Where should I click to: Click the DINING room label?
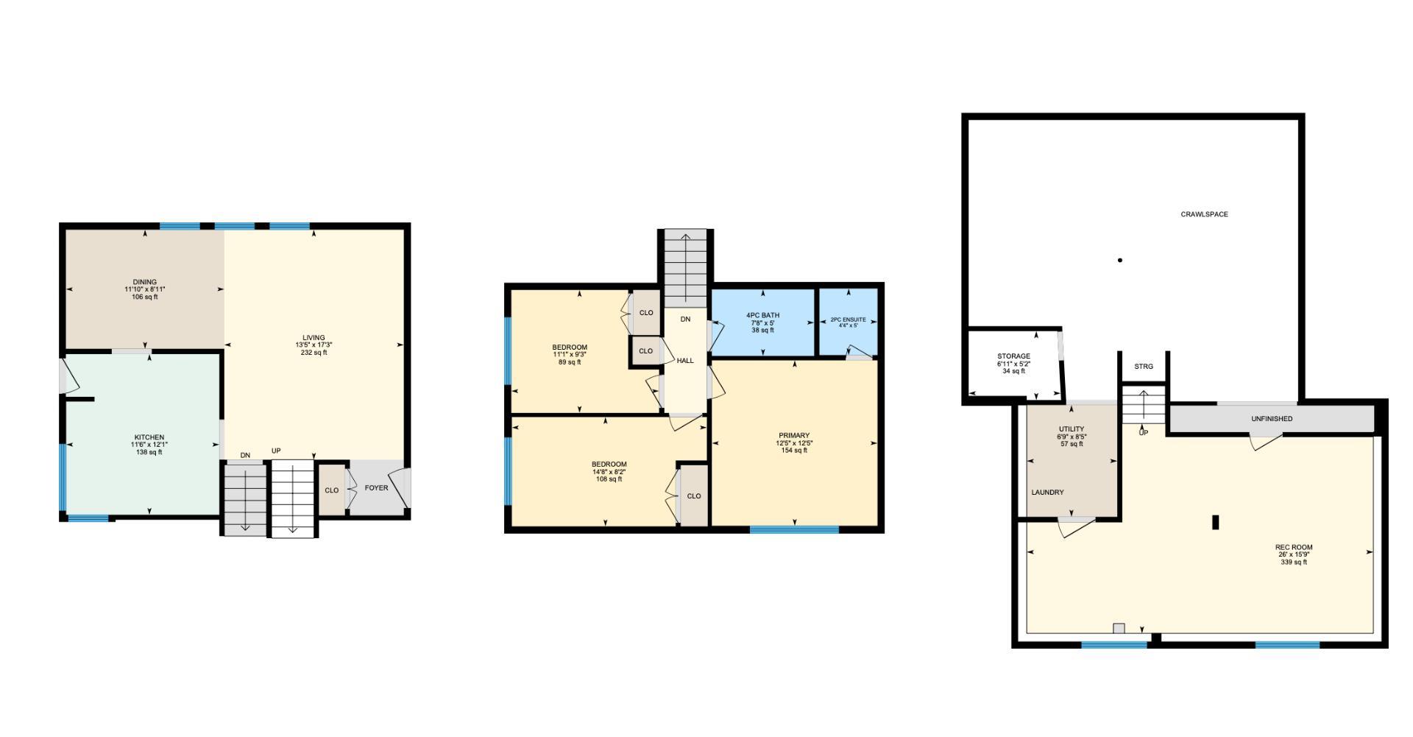click(145, 282)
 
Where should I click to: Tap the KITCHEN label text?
click(149, 437)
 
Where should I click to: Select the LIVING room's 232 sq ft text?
click(314, 353)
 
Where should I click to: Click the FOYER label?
click(376, 487)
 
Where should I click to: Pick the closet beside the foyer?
click(331, 490)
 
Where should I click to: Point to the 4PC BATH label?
click(762, 315)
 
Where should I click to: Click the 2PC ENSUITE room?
click(848, 322)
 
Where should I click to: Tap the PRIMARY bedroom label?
click(794, 436)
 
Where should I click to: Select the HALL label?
click(685, 361)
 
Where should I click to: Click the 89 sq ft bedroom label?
click(570, 348)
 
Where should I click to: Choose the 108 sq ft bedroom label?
click(609, 465)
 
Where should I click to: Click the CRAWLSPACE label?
click(1204, 214)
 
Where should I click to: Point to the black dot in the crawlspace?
click(1120, 260)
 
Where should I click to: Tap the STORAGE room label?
click(1013, 356)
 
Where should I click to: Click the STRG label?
click(1144, 367)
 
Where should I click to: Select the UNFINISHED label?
click(1272, 419)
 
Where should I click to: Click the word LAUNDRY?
click(1047, 493)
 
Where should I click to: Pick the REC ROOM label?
click(1294, 547)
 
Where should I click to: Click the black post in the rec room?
click(1216, 521)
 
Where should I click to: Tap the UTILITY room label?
click(1072, 429)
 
